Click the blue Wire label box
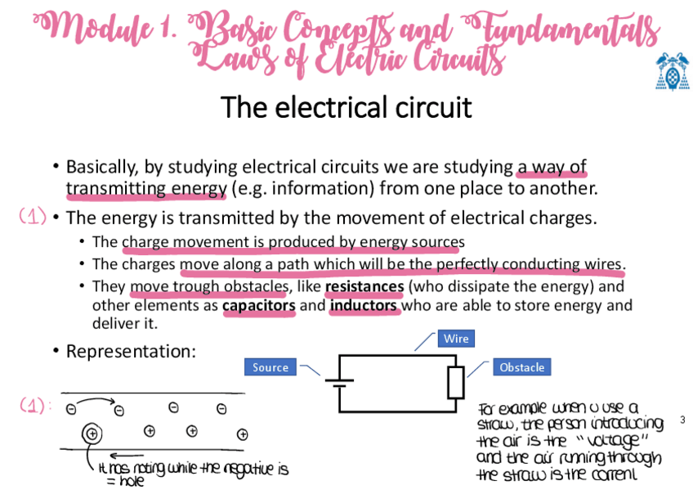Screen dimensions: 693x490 [456, 339]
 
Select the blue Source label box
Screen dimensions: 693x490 [270, 367]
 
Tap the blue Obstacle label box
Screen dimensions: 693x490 [521, 367]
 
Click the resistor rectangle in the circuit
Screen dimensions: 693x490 [456, 382]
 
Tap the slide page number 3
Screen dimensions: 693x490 [682, 420]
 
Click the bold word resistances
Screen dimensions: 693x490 [364, 287]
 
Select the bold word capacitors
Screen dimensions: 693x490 [258, 306]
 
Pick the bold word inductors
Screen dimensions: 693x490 [364, 306]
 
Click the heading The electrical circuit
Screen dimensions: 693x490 [346, 107]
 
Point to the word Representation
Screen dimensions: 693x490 [131, 351]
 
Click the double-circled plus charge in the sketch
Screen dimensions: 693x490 [91, 433]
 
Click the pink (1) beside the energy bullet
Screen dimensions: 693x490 [33, 217]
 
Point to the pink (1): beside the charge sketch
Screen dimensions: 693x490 [35, 405]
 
